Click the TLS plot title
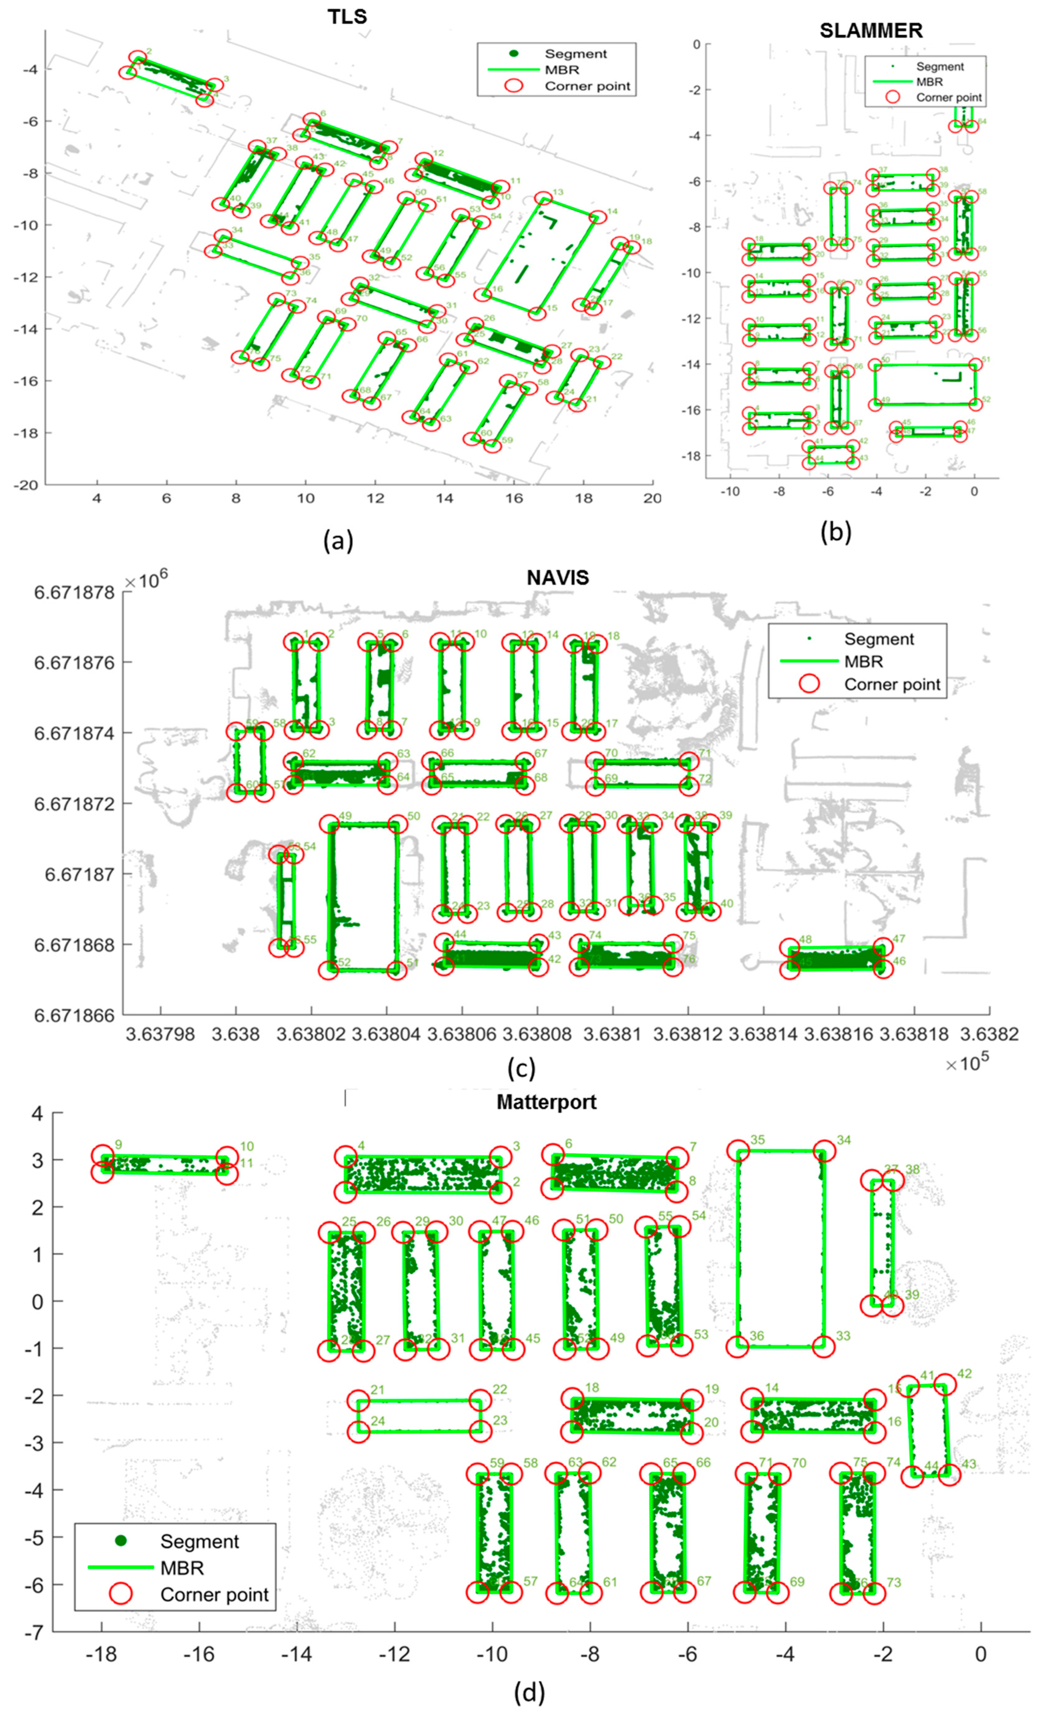click(347, 17)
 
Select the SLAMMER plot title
click(871, 31)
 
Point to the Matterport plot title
click(547, 1102)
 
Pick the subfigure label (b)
click(835, 531)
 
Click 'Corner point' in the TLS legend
click(587, 86)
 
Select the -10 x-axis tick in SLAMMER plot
click(729, 492)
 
